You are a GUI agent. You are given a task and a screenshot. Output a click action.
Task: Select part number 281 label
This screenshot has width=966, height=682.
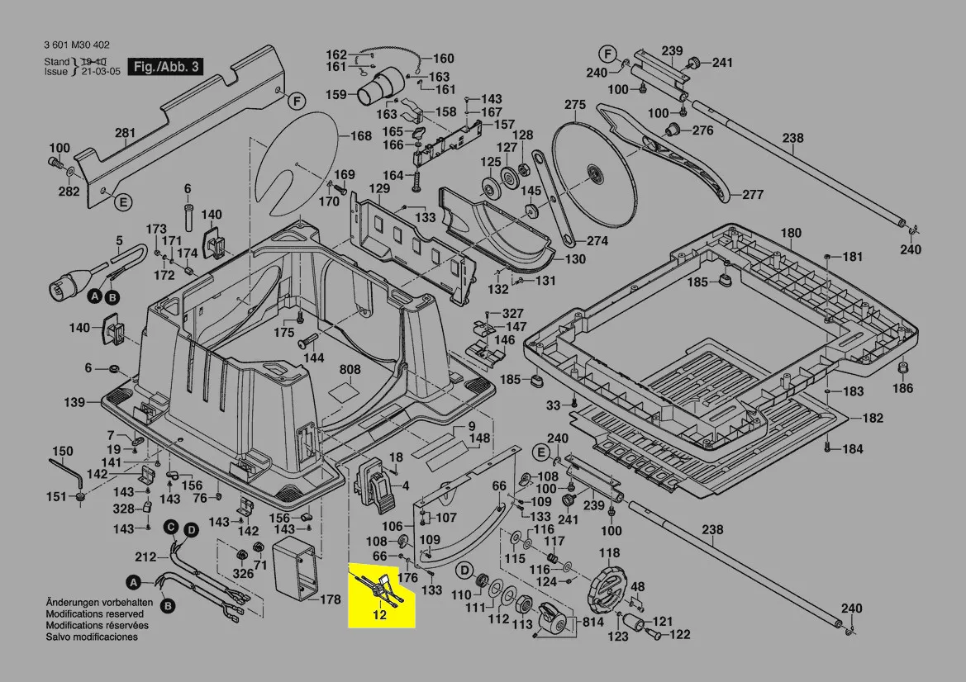(x=125, y=133)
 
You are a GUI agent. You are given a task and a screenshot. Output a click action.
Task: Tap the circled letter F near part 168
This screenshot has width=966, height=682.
(x=297, y=102)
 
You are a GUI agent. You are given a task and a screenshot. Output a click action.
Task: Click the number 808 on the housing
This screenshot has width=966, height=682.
(x=350, y=369)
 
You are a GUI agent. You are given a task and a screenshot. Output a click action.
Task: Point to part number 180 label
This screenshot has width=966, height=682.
(x=791, y=233)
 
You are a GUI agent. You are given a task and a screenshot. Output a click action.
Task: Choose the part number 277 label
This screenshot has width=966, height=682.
(x=753, y=195)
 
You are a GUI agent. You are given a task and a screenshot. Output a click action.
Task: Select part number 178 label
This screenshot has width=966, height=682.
(x=330, y=599)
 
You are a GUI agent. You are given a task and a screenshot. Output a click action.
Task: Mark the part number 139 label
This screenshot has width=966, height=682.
(x=74, y=402)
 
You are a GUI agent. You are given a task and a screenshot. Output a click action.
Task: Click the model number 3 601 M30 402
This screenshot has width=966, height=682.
(x=75, y=45)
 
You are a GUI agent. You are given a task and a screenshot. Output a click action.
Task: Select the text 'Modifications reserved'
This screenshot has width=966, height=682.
(x=94, y=614)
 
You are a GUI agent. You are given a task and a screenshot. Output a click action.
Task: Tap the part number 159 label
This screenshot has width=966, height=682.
(x=335, y=94)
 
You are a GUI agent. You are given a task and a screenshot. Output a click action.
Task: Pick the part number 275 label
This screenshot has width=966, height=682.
(x=575, y=105)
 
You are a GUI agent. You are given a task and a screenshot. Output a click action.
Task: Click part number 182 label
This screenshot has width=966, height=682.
(x=873, y=419)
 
